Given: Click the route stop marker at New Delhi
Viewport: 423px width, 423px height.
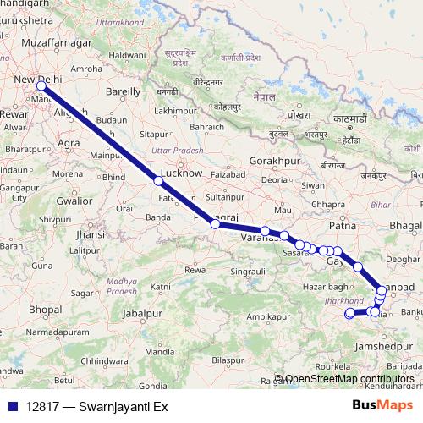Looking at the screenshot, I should (41, 85).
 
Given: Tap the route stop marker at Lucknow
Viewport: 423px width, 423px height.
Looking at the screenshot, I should (158, 181).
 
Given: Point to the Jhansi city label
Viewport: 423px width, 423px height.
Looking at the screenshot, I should (90, 234).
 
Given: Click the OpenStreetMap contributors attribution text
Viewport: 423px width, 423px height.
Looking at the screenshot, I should (349, 379).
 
